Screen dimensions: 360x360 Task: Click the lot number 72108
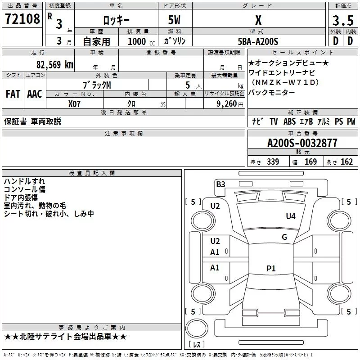pos(22,19)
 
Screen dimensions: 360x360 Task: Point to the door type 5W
pos(175,20)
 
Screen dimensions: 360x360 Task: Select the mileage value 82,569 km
pos(54,64)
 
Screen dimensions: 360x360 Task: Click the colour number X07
pos(75,103)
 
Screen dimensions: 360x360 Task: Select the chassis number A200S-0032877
pos(302,143)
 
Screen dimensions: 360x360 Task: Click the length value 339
pos(273,162)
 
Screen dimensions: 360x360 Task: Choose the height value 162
pos(346,162)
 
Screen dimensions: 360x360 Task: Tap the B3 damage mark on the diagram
pos(220,184)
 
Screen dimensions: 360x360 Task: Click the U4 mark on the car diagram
pos(291,216)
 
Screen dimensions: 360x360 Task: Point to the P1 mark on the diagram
pos(270,269)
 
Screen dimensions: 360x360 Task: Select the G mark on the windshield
pos(284,237)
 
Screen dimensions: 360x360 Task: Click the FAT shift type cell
pos(13,94)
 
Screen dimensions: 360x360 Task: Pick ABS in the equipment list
pos(289,121)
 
